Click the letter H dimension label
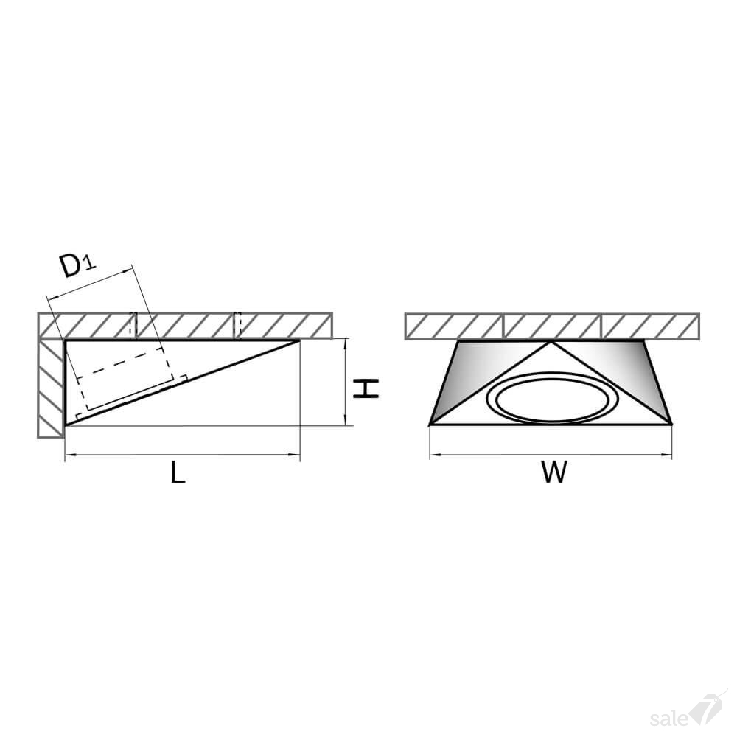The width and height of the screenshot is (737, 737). tap(366, 389)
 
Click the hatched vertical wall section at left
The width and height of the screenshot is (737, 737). tap(51, 388)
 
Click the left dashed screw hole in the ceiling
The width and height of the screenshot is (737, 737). tap(133, 325)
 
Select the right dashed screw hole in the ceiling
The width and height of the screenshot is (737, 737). tap(237, 325)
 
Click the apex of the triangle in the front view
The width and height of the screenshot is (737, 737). tap(551, 342)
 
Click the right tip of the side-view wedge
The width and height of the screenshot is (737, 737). tap(299, 340)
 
